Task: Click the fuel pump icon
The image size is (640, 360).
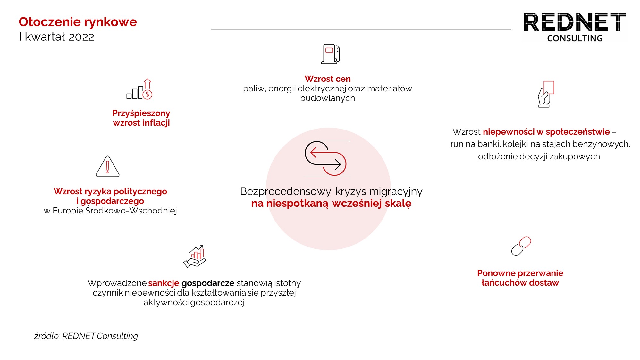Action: [x=330, y=54]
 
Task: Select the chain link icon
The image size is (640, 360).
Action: [x=521, y=246]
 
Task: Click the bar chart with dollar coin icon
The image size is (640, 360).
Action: [x=139, y=89]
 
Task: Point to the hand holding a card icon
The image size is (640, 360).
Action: [x=546, y=94]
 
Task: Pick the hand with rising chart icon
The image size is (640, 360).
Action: [x=195, y=256]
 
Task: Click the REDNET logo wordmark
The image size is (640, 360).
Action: [x=575, y=22]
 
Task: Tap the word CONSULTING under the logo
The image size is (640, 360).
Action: [x=575, y=38]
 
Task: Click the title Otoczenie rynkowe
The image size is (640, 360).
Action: [x=78, y=22]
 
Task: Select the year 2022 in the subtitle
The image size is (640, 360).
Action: [x=81, y=37]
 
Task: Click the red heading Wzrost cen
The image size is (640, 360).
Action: [x=327, y=79]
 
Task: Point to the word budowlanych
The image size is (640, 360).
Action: [x=327, y=98]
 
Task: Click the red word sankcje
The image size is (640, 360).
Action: [x=164, y=283]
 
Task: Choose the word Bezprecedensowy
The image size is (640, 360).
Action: [x=285, y=191]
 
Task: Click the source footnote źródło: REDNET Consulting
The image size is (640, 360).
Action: [x=86, y=336]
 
